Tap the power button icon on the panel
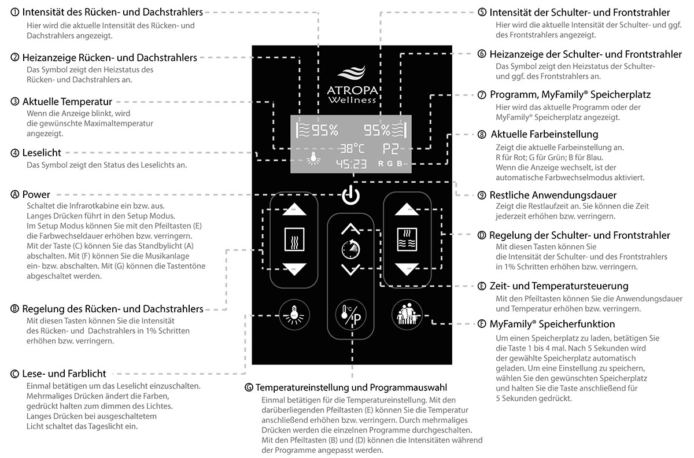tap(350, 195)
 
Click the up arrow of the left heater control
tap(293, 210)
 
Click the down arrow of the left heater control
tap(293, 268)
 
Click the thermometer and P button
tap(350, 316)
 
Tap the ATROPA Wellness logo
tap(350, 87)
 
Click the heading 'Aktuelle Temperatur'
tap(67, 102)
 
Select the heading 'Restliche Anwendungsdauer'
tap(552, 195)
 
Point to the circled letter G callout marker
tap(249, 386)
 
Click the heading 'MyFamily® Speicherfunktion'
tap(552, 324)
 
